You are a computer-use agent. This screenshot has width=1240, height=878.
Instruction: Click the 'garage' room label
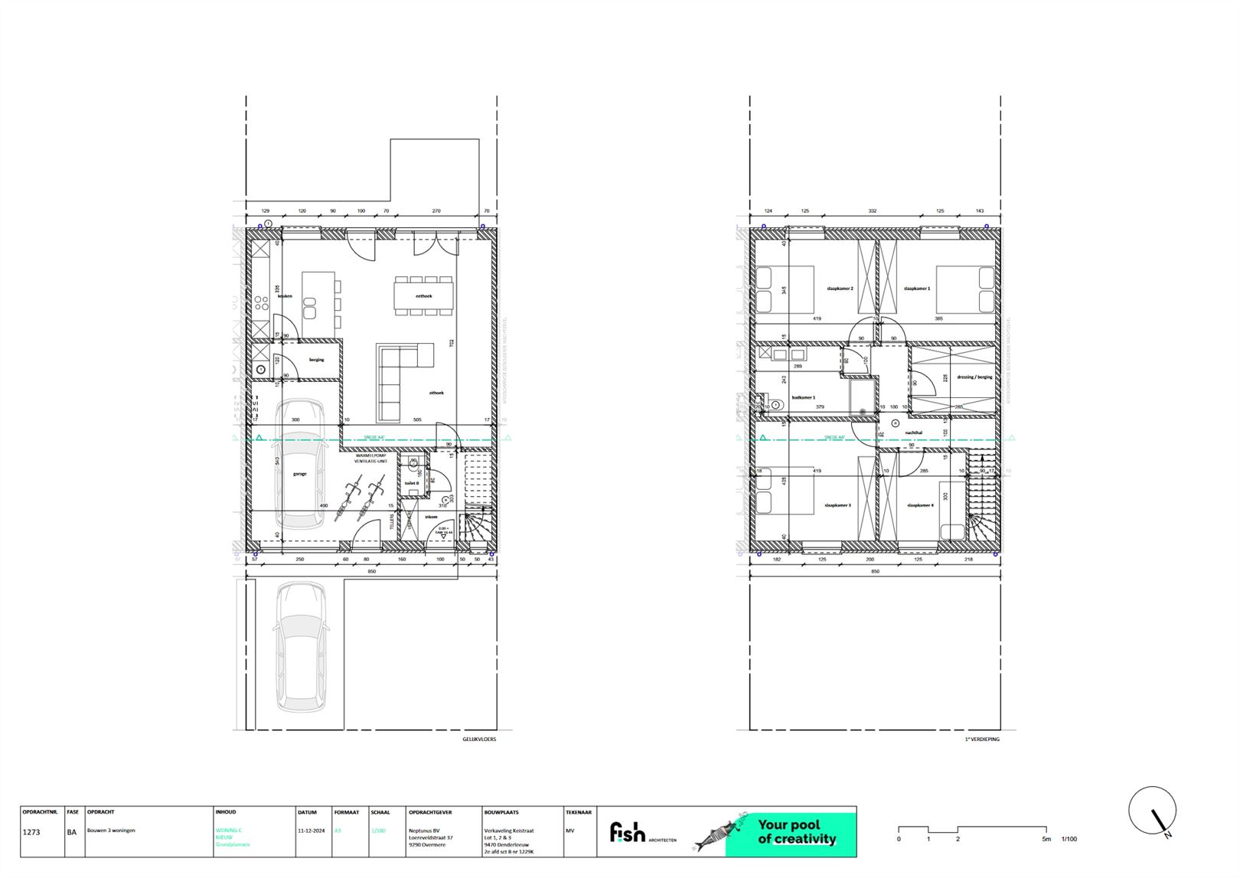click(x=299, y=474)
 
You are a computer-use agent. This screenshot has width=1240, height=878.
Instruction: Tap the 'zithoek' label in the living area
click(x=436, y=393)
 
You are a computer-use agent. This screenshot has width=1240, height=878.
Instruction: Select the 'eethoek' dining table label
click(x=424, y=295)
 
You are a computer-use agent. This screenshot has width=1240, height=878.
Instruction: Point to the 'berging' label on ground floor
click(x=316, y=360)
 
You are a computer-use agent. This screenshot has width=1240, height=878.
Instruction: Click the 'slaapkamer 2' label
click(x=840, y=289)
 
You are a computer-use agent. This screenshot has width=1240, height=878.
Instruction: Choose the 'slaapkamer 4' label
click(x=920, y=505)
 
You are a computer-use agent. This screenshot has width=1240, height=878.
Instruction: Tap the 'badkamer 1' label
click(x=804, y=397)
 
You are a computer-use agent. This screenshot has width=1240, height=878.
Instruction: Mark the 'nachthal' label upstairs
click(x=914, y=432)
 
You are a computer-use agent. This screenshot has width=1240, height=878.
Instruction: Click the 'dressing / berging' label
click(x=974, y=377)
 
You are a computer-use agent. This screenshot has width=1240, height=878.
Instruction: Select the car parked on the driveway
click(x=300, y=647)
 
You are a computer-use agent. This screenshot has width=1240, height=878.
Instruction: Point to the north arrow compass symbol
click(x=1153, y=811)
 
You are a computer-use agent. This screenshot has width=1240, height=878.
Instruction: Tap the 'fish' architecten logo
click(x=628, y=832)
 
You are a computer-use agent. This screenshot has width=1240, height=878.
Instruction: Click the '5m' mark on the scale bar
click(x=1046, y=839)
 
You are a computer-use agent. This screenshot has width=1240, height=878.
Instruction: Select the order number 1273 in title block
click(x=31, y=831)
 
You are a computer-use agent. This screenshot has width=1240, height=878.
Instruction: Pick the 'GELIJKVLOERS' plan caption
click(x=478, y=739)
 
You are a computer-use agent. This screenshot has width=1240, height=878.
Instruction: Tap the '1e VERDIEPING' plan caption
click(x=982, y=739)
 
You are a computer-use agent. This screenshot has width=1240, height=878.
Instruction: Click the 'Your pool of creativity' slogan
click(x=797, y=832)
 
